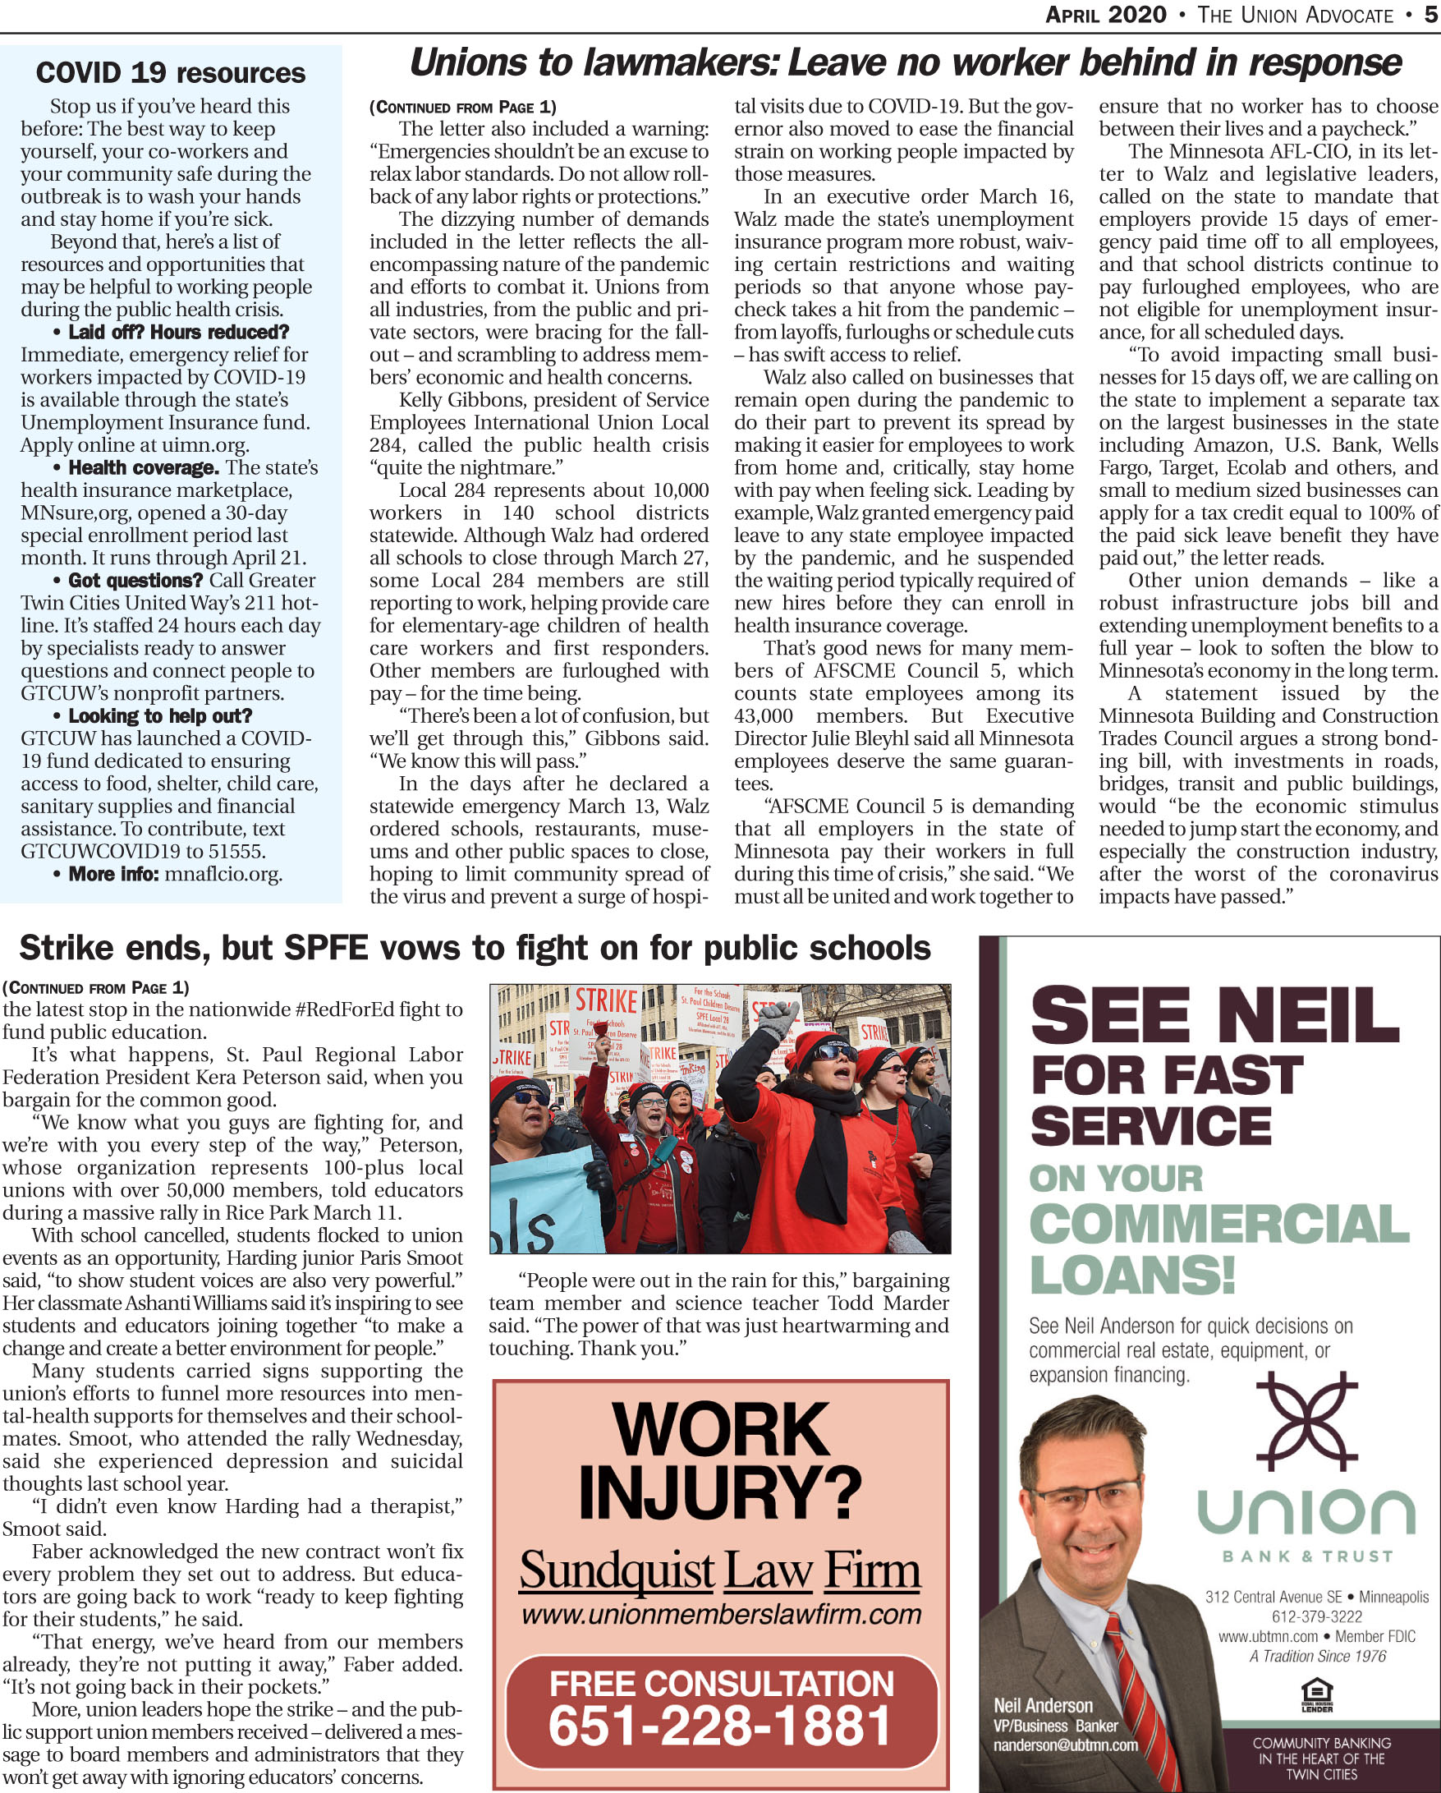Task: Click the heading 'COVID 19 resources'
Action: point(171,73)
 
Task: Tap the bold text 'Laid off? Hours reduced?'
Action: point(178,332)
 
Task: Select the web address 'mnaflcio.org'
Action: point(223,874)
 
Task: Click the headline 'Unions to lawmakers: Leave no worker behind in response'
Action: point(906,63)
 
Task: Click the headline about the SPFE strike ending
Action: point(475,947)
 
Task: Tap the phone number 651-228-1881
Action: point(720,1725)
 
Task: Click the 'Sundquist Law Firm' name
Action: point(720,1571)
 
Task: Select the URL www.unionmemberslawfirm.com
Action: point(721,1615)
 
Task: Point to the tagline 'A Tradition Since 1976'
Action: point(1317,1656)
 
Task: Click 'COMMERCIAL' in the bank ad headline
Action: point(1218,1224)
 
